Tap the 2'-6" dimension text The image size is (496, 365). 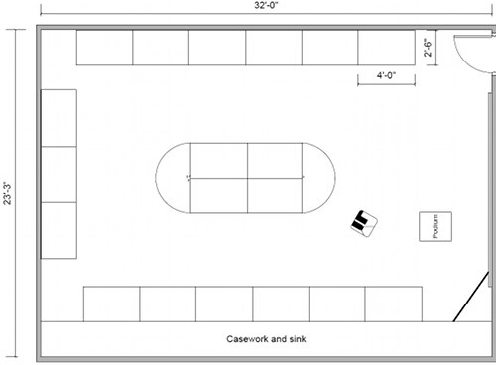(x=430, y=48)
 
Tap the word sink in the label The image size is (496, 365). (x=295, y=338)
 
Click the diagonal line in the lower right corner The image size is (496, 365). (x=471, y=297)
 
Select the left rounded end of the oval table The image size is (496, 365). (x=172, y=178)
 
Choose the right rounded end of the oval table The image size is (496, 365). (x=319, y=178)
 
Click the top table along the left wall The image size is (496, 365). (x=59, y=118)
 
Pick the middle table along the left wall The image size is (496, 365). (x=59, y=175)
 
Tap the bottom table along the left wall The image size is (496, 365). (x=59, y=230)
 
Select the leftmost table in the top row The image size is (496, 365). (x=104, y=47)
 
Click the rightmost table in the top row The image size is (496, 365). (x=385, y=47)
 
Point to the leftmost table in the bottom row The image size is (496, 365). (x=111, y=304)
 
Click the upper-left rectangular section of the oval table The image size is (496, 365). (x=217, y=161)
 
